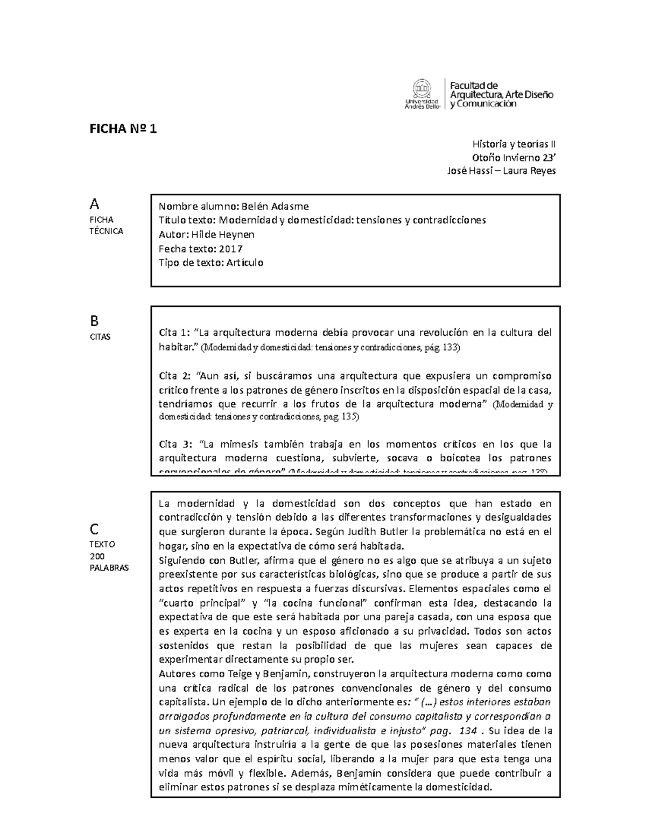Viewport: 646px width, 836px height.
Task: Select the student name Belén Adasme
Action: coord(275,206)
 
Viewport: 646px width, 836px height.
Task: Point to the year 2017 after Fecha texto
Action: coord(230,249)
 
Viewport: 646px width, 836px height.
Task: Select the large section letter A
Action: coord(95,204)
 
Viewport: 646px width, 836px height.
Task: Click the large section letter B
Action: coord(94,321)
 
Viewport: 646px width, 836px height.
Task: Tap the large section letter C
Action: coord(94,529)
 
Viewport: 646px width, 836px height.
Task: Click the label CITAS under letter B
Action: coord(100,337)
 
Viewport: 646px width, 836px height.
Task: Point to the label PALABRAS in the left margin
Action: coord(109,568)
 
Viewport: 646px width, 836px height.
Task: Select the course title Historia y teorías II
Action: coord(514,144)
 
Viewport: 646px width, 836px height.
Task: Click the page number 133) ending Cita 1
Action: coord(451,348)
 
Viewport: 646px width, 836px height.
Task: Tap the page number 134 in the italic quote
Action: coord(468,731)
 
